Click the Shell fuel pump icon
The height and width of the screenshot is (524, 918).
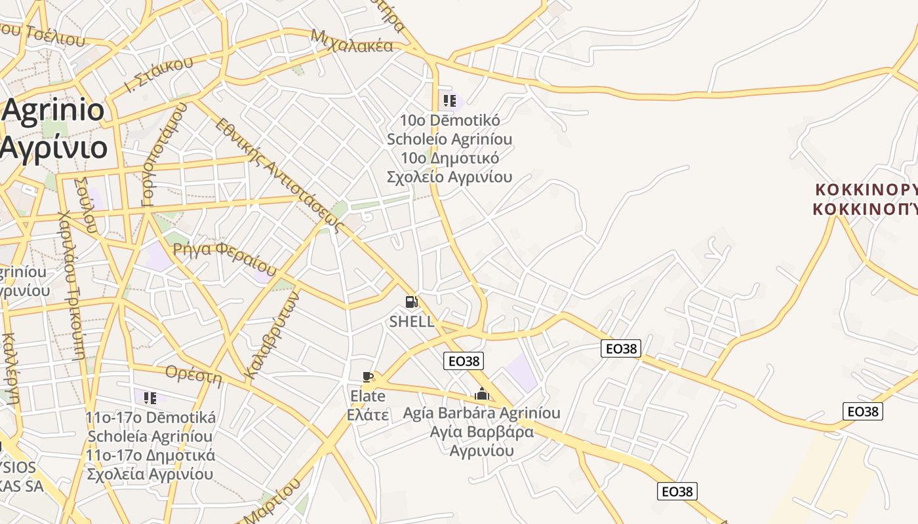[411, 302]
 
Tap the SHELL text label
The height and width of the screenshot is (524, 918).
[411, 322]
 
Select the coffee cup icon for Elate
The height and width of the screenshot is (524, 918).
[367, 377]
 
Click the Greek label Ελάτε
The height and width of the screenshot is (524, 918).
[367, 415]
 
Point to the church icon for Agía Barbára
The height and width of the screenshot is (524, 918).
[482, 394]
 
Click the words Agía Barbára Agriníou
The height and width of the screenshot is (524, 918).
[482, 413]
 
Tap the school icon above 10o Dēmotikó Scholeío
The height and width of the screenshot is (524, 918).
[449, 101]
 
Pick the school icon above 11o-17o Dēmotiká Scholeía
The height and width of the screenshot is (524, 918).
[150, 398]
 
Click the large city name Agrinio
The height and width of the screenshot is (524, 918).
[54, 110]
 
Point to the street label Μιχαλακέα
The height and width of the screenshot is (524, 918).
[352, 41]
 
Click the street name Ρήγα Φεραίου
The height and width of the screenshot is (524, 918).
[225, 257]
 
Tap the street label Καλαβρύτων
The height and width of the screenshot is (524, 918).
[271, 335]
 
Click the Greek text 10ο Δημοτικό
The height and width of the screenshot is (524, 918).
[450, 159]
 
